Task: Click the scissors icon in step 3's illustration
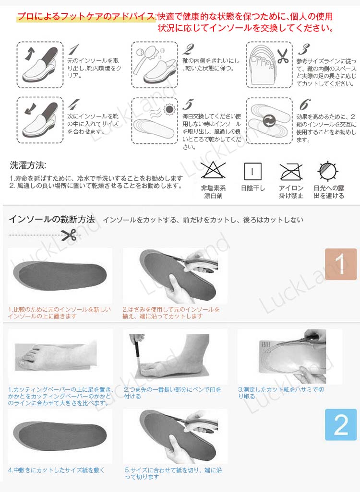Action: coord(282,56)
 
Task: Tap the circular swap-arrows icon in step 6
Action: coord(269,120)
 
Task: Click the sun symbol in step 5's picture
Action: coord(169,109)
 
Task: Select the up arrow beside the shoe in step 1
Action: coord(30,53)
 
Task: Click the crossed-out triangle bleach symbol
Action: coord(213,170)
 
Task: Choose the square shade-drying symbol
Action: coord(252,171)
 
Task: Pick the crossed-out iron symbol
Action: coord(291,172)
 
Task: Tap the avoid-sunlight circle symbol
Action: coord(328,171)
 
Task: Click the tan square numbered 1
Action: coord(341,264)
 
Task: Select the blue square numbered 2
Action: coord(341,424)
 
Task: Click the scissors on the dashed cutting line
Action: coord(69,235)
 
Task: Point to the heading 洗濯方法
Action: coord(28,165)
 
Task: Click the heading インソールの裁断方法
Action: coord(52,219)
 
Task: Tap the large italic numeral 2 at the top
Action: coord(189,49)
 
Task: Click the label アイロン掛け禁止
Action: coord(291,192)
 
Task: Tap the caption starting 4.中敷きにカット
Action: coord(56,470)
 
